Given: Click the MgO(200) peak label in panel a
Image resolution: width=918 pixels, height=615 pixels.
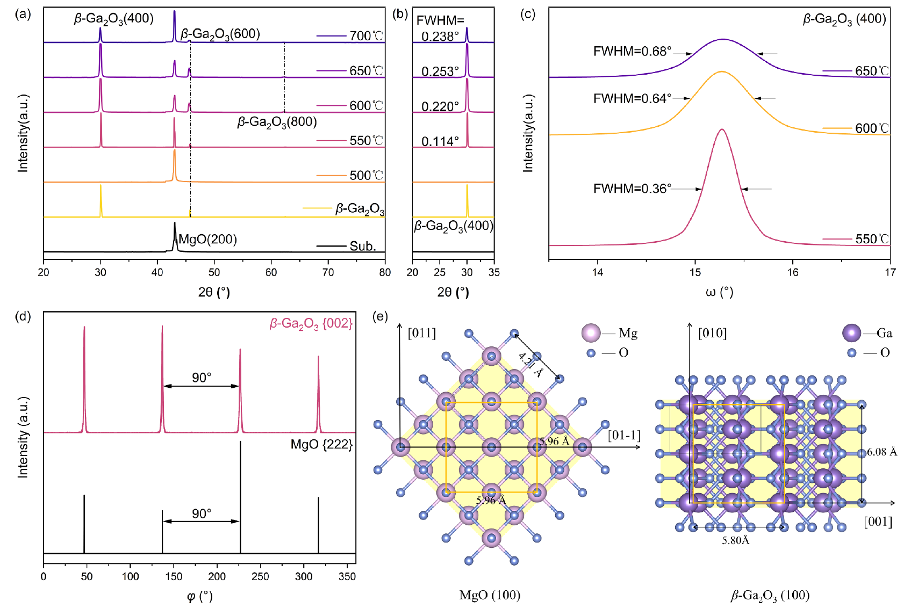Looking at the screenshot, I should coord(208,240).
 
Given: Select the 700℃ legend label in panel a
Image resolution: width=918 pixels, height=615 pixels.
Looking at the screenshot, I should coord(366,36).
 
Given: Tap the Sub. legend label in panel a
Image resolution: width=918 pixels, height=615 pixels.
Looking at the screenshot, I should coord(363,247).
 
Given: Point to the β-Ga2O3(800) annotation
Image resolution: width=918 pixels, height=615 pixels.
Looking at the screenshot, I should coord(277,122).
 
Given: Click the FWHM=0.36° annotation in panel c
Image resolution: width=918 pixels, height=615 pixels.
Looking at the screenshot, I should coord(632,189).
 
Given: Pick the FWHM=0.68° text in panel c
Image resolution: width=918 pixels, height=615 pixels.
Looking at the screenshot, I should coord(632,52).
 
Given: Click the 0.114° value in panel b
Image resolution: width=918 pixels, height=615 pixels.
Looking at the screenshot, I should coord(440,142).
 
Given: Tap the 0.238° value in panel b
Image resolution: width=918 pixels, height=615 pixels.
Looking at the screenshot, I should coord(440,37).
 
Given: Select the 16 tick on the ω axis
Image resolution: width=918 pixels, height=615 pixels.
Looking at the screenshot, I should coord(793,272).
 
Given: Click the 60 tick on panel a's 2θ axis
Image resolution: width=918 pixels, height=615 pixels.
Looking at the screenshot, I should coord(271,272).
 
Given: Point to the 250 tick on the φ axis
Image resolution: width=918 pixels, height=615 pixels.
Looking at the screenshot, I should coord(260,576).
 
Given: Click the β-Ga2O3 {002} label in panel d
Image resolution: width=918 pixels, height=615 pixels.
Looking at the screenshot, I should coord(311,323).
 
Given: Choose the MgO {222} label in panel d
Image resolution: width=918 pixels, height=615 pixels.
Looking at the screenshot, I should coord(321,445).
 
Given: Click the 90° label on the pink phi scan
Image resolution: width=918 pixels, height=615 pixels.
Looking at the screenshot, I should coord(202,378).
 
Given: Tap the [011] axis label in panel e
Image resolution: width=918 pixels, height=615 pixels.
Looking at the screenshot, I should coord(422,333).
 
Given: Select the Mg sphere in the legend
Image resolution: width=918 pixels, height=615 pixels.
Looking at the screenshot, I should coord(591,333).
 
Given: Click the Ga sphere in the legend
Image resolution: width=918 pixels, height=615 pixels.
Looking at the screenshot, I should coord(851,333).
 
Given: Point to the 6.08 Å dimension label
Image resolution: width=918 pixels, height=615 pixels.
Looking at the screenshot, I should coord(882,452).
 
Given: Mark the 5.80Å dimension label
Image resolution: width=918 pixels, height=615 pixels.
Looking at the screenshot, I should coord(735,540).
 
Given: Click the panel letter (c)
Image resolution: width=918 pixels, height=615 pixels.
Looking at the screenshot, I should coord(528,14).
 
